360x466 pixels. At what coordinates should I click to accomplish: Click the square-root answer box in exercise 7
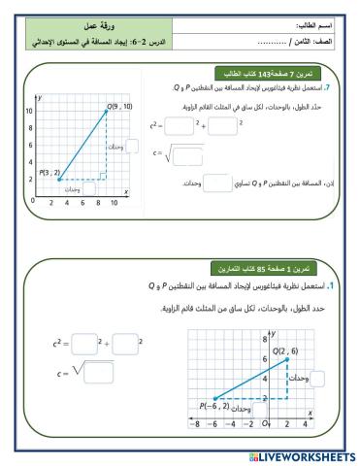[187, 150]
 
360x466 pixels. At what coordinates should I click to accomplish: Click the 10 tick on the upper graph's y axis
[29, 111]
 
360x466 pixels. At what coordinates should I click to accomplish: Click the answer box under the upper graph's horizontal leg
[89, 188]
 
